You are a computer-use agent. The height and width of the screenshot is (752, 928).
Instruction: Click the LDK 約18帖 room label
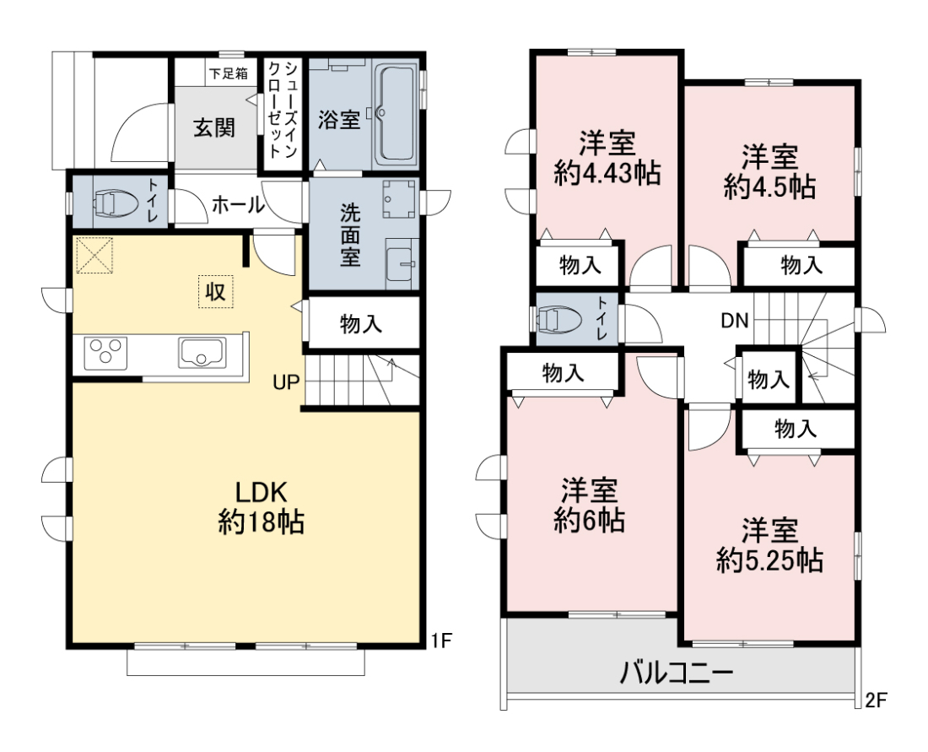coord(261,507)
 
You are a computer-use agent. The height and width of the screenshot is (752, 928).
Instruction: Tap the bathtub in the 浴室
coord(396,114)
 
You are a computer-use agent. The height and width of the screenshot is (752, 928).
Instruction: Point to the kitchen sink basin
coord(202,353)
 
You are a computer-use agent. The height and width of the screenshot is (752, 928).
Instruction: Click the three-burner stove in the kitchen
coord(106,353)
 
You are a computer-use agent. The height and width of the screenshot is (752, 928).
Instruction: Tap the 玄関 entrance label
coord(214,127)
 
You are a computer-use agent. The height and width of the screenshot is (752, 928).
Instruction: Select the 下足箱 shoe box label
coord(228,74)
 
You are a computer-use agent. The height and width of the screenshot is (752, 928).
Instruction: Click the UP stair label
coord(287,382)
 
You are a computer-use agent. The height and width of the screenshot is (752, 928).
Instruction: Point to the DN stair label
coord(735,321)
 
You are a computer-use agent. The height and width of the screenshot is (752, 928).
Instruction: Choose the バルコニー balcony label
coord(677,673)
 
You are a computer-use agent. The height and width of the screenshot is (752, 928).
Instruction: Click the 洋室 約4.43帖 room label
coord(607,159)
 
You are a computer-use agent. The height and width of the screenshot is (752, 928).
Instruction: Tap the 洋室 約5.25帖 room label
coord(769,544)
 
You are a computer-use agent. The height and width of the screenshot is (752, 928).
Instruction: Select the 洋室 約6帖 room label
coord(589,505)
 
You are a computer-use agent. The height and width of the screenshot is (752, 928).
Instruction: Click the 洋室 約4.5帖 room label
coord(769,171)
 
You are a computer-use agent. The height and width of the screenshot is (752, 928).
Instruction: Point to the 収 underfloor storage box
coord(215,291)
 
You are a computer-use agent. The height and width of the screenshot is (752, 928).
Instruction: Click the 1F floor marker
coord(441,640)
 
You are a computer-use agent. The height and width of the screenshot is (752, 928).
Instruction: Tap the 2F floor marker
coord(876,701)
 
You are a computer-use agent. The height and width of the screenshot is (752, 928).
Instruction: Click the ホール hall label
coord(238,205)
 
